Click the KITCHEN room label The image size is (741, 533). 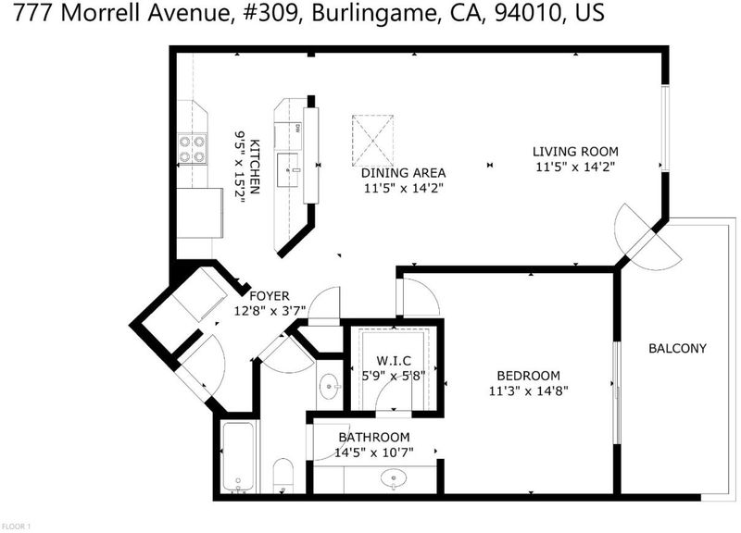pos(254,167)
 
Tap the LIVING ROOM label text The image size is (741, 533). pos(575,152)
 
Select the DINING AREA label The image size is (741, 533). pos(403,173)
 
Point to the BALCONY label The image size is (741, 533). pos(677,349)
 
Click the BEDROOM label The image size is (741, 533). pos(528,376)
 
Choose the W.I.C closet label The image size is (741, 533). pos(394,361)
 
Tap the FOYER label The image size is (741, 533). pos(269,296)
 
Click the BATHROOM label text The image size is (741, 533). pos(374,437)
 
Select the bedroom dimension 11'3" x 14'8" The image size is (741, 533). pos(528,390)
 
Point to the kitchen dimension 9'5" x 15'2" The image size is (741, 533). pos(240,167)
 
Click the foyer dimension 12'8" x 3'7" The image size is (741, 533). pos(270,311)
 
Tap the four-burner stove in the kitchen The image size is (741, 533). pos(193,149)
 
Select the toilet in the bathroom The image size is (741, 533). pos(283,476)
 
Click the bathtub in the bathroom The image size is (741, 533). pos(239,457)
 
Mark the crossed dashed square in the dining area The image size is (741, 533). pos(373,141)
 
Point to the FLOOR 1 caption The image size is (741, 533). pos(17,526)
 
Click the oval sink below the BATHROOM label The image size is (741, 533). pos(393,479)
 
